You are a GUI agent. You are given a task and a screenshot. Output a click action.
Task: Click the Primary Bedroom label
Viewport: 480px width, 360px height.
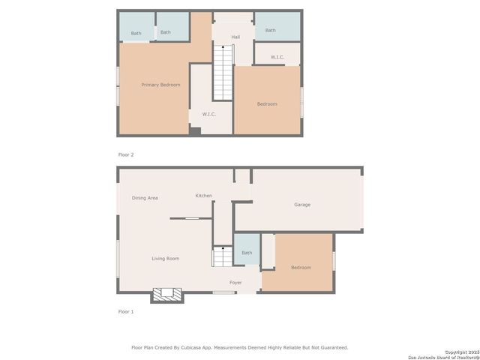160,85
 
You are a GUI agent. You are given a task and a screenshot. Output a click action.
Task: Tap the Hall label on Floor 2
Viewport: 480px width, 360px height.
235,37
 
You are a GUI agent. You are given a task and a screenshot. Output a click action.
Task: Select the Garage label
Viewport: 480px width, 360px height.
302,205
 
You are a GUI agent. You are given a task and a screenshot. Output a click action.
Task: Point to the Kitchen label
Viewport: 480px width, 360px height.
203,196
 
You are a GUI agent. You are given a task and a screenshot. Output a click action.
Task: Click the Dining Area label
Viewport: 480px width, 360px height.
145,198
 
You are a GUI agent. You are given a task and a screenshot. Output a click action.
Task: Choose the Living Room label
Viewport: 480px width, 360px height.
166,259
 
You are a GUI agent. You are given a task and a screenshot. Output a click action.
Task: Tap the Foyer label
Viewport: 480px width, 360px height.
235,283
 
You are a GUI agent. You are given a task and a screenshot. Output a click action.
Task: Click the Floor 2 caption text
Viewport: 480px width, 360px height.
126,154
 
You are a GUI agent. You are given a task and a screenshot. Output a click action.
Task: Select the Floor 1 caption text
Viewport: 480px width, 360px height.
126,311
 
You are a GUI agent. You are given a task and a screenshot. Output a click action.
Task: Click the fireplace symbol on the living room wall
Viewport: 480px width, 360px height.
167,295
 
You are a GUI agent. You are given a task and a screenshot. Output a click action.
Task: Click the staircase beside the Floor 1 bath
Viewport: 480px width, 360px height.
222,258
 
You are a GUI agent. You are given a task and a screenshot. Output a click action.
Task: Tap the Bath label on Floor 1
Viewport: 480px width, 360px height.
247,253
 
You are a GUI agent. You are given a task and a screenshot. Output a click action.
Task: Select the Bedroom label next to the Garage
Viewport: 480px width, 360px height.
301,268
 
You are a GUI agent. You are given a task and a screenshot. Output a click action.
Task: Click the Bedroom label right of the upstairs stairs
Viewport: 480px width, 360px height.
267,104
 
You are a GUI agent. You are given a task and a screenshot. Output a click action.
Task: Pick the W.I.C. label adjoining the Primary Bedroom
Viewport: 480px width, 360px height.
209,114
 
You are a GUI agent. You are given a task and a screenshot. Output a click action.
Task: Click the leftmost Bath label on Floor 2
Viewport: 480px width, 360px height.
136,33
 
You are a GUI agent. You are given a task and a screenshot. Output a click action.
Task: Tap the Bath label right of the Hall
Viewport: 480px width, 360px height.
271,31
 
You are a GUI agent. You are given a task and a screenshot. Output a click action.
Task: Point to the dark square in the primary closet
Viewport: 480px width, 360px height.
195,131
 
